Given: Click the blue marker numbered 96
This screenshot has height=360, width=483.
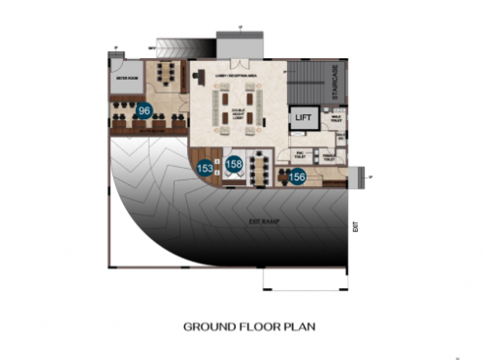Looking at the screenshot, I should click(x=144, y=111).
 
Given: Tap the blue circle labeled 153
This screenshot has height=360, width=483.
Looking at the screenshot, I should click(x=205, y=169).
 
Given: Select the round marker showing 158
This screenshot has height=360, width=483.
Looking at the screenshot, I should click(x=235, y=164).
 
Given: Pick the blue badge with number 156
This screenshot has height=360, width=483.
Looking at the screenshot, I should click(x=297, y=177).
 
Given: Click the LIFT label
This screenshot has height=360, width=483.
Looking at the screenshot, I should click(x=303, y=118).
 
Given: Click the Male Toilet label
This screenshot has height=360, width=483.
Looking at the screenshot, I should click(x=335, y=120).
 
